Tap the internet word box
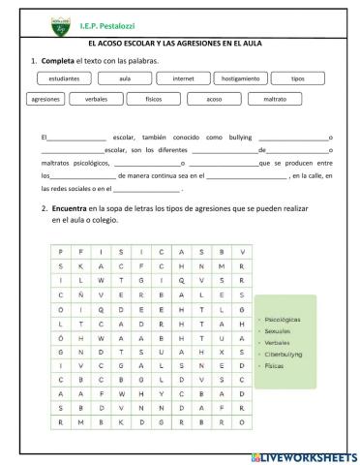[x=183, y=77]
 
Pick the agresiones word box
[x=45, y=99]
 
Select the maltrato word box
[x=267, y=99]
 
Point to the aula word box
[x=125, y=77]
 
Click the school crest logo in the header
[x=59, y=19]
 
